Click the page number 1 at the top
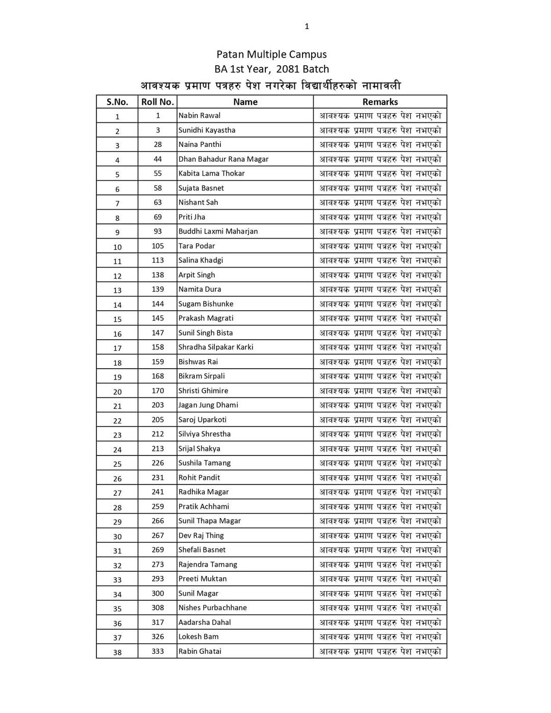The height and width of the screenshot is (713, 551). coord(307,27)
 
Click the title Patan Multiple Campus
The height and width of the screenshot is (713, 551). coord(271,55)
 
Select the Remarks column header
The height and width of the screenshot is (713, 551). coord(380,102)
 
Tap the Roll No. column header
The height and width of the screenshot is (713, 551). coord(158,102)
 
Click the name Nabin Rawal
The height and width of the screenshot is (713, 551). coord(199,116)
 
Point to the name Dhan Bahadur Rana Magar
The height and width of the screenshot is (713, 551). coord(223,159)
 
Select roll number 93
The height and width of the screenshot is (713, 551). coord(158,232)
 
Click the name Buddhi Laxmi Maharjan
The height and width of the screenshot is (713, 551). coord(218,232)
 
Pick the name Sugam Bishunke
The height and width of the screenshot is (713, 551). coord(206,304)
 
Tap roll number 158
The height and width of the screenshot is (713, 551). coord(158,347)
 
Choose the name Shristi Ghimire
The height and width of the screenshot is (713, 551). coord(204,391)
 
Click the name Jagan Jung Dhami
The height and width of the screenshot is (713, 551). coord(208,405)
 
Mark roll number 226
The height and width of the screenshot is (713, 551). coord(158,463)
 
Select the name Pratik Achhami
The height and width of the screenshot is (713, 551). coord(204,506)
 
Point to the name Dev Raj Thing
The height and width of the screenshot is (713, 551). coord(201,536)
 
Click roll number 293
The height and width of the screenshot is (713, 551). coord(158,579)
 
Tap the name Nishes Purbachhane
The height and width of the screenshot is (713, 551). coord(213,608)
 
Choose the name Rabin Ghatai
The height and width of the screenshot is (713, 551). coord(200,651)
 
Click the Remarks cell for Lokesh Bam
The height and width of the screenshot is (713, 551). coord(380,637)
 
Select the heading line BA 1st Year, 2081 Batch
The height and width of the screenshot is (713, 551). coord(271,69)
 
